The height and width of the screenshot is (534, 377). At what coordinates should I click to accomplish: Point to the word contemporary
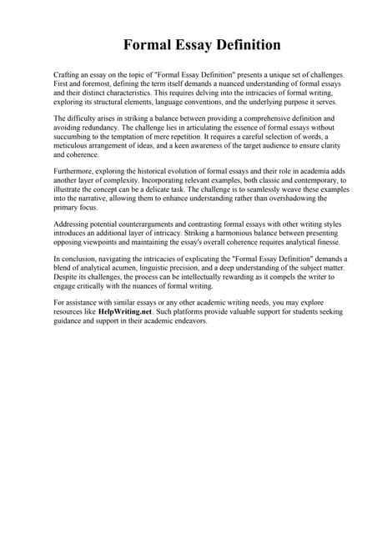304,181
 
